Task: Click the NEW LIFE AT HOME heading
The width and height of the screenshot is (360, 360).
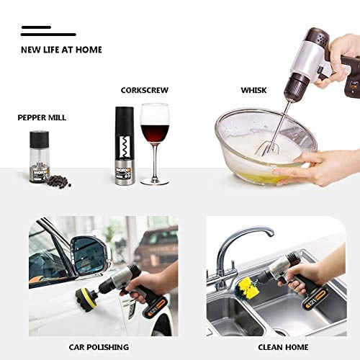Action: click(x=61, y=50)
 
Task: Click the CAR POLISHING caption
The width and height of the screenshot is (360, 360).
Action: click(x=98, y=347)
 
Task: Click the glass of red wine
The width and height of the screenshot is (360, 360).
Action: click(x=154, y=137)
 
